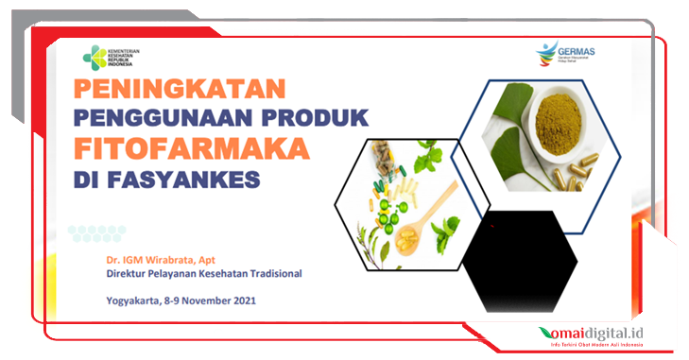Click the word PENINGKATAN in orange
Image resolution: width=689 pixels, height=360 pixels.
[180, 91]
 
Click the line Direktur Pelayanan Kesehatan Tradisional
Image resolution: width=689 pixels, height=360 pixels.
[204, 274]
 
